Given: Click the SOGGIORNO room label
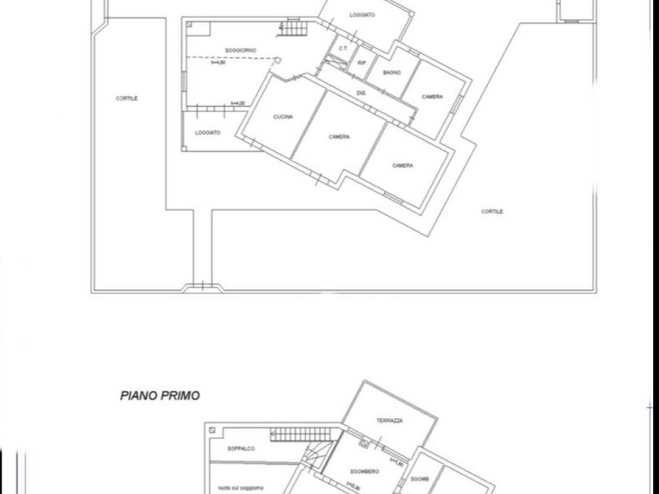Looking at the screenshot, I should (x=241, y=50).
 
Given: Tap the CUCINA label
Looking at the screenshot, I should (x=283, y=117).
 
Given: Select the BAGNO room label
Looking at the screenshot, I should (x=392, y=73).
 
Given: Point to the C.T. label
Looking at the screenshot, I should (x=343, y=48).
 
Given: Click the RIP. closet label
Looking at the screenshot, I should (x=362, y=63).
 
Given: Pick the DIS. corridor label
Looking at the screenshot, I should (x=361, y=93).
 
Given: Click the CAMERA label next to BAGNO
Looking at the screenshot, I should (x=432, y=97).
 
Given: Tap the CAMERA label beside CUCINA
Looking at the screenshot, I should (x=339, y=137).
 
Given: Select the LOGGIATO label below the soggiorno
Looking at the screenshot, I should (x=208, y=133).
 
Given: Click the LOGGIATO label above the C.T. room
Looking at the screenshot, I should (x=362, y=15).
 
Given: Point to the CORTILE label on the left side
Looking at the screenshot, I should (x=127, y=98).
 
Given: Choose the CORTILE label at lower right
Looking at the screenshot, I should (x=492, y=212).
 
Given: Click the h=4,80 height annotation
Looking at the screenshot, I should (x=218, y=62).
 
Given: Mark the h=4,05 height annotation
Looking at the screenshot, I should (x=239, y=104).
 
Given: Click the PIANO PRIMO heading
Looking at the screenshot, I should (x=160, y=396).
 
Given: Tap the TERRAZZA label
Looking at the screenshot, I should (x=389, y=421).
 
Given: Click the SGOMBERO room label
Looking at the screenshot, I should (x=364, y=471).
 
